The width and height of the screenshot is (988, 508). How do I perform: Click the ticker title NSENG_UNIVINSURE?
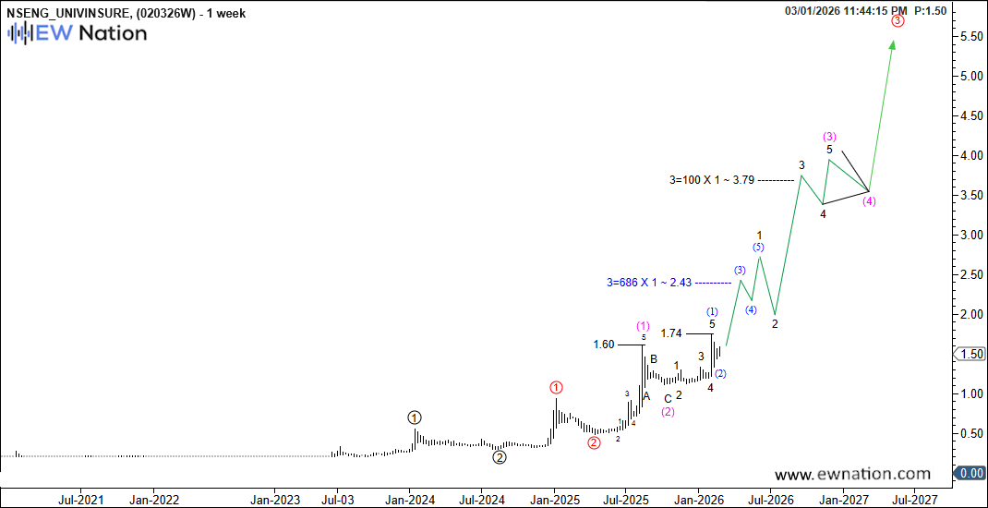(68, 11)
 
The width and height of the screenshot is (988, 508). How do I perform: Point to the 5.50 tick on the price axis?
(970, 36)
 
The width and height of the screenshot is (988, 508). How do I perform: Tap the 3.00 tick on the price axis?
(970, 235)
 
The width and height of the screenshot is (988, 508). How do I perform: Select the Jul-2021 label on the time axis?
(79, 500)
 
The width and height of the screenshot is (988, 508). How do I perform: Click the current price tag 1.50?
(971, 354)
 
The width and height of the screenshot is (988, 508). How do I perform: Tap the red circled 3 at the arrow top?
(898, 20)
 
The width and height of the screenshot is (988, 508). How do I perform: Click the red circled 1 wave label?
(556, 388)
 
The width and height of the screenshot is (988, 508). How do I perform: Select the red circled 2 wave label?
(594, 442)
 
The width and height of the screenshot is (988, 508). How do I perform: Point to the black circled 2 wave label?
(499, 456)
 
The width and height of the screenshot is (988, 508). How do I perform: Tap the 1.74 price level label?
(671, 333)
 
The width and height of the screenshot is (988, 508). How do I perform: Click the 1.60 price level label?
(603, 345)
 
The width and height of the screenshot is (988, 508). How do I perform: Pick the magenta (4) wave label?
(869, 202)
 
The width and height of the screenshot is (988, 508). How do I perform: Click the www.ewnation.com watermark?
(852, 475)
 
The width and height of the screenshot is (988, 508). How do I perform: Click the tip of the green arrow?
(893, 42)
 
